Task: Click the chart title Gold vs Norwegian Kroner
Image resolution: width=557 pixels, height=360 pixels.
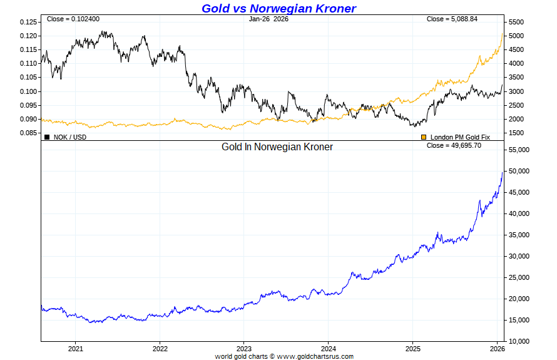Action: [x=278, y=8]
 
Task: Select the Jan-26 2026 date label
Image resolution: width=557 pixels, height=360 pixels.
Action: [x=268, y=19]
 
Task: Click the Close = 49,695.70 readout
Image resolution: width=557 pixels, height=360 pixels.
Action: [x=453, y=145]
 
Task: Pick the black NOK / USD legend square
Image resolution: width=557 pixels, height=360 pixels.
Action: [x=47, y=136]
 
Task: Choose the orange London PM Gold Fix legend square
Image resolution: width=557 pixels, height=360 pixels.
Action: [x=424, y=136]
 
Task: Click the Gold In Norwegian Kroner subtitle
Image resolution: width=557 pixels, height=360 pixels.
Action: [x=277, y=147]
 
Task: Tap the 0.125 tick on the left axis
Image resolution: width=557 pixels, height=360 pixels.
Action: [x=28, y=22]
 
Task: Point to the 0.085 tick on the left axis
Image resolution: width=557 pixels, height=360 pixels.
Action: [x=28, y=133]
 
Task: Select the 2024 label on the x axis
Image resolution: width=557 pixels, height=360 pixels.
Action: [x=328, y=349]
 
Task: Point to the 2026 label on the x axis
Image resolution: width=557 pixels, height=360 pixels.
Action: [x=496, y=349]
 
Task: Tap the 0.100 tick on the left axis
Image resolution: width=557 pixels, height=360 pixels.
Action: [x=28, y=91]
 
